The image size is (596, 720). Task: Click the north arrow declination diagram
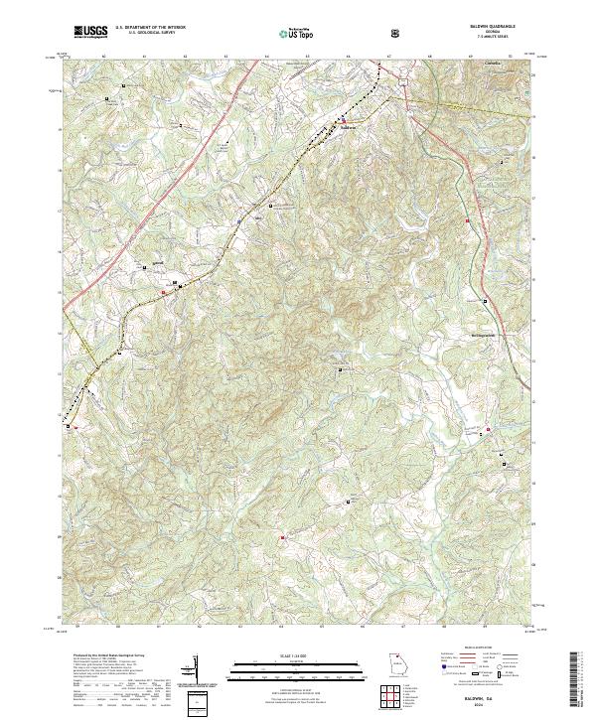pyautogui.click(x=195, y=670)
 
